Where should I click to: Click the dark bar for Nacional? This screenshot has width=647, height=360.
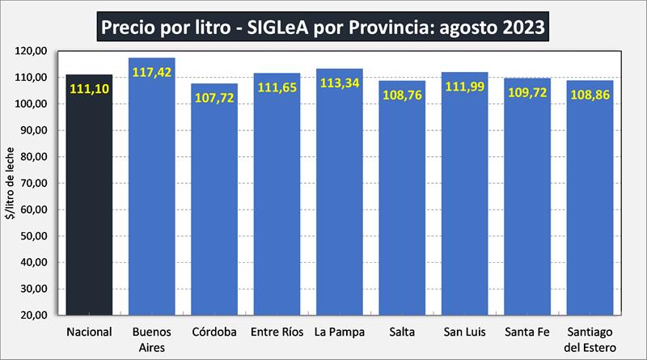pos(89,202)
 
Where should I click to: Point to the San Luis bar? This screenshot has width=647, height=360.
pos(465,202)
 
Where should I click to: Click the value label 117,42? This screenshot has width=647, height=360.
pos(152,71)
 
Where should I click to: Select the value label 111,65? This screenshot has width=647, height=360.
pos(277,87)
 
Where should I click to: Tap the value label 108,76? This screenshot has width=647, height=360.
pos(403,95)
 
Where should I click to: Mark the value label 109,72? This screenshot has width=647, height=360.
pos(528,92)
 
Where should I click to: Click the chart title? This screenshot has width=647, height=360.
pos(323,26)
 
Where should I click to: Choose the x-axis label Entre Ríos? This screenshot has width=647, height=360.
pos(277,332)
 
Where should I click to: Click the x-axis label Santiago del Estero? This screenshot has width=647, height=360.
pos(590,339)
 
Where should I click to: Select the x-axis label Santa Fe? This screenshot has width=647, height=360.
pos(528,332)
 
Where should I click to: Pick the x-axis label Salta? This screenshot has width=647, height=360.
pos(403,332)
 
